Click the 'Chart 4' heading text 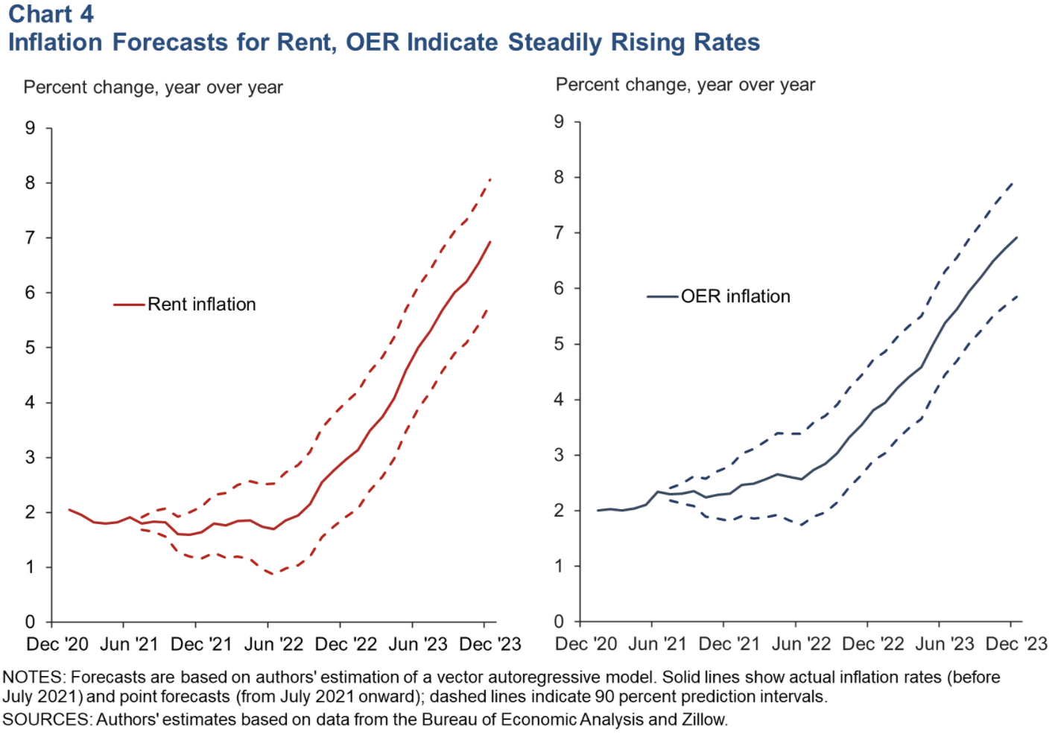pos(51,13)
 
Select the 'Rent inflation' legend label pos(201,304)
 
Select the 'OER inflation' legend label pos(735,296)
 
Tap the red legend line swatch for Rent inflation pos(129,304)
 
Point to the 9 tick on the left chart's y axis pos(30,128)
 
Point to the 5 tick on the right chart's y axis pos(559,344)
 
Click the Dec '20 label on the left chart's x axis pos(57,644)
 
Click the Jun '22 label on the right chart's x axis pos(801,644)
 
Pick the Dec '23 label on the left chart pos(490,644)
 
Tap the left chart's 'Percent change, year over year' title pos(153,88)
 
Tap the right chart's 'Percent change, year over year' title pos(685,85)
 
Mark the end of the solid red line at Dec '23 pos(490,242)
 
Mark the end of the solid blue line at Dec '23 pos(1016,238)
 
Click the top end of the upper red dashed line pos(490,179)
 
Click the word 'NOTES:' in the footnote pos(34,677)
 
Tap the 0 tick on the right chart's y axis pos(559,622)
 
